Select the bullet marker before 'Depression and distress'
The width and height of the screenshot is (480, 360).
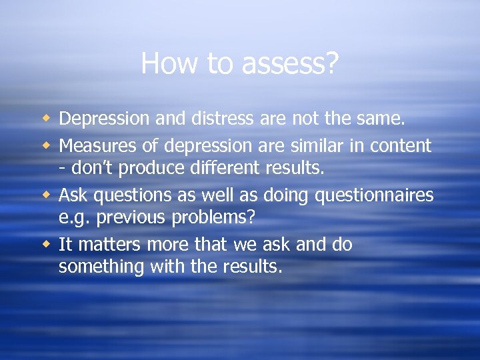click(46, 119)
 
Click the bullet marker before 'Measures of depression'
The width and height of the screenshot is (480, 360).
click(46, 144)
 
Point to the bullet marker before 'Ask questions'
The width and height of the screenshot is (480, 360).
click(46, 195)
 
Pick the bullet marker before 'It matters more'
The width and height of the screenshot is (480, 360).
click(46, 245)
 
